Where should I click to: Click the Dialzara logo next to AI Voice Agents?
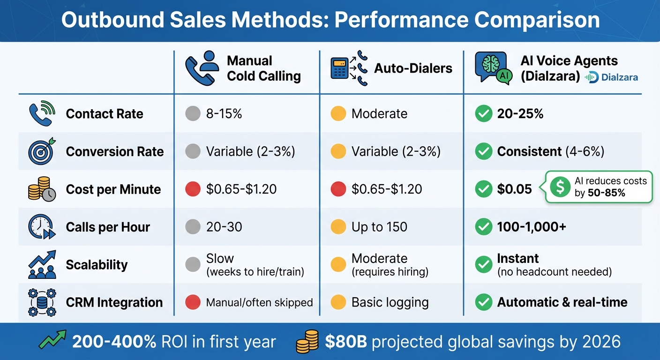611,77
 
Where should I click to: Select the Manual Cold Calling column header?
263,68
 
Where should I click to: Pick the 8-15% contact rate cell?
224,114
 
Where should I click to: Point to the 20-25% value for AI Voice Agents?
520,114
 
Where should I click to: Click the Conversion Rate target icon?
42,151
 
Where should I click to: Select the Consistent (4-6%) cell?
550,151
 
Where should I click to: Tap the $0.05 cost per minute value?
514,189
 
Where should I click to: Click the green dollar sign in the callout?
559,187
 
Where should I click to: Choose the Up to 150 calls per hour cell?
379,227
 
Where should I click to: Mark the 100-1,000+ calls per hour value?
532,227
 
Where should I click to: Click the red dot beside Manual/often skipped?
193,302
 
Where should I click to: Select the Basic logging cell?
390,302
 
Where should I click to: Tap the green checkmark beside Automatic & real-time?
483,302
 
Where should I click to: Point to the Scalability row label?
97,265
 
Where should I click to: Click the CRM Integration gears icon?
42,302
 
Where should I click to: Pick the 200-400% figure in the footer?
114,342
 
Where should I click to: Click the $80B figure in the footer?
346,342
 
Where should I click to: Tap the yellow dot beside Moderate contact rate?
338,114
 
